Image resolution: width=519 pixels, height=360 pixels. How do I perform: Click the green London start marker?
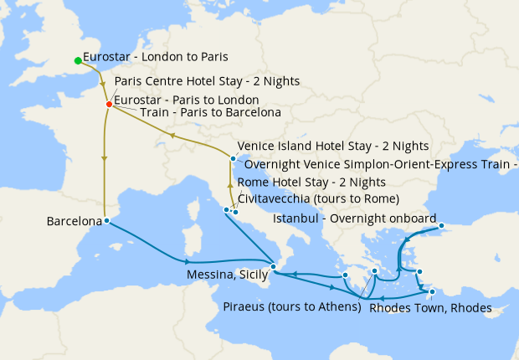[78, 60]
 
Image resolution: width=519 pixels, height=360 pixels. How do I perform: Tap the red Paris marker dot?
[109, 104]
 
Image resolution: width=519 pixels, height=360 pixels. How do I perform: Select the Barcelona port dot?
[106, 221]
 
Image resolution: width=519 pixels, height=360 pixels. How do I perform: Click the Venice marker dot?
[232, 157]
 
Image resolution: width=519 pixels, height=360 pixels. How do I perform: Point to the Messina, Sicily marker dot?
[273, 266]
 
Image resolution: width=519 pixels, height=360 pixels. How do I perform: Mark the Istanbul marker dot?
[441, 225]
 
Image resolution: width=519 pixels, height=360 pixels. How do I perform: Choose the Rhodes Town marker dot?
[432, 292]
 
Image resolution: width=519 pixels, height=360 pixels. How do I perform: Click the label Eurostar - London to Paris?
[156, 59]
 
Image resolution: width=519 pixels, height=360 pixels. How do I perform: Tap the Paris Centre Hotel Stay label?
[206, 81]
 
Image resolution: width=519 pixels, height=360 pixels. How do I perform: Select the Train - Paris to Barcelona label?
[210, 111]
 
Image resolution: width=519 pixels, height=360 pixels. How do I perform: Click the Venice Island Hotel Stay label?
[333, 146]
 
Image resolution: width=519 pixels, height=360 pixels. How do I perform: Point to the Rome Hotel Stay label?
[311, 182]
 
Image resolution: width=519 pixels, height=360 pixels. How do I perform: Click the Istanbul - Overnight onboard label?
[355, 219]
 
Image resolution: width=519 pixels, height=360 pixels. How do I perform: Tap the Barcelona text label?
[75, 222]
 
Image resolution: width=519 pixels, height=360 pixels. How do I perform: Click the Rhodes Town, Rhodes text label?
[429, 307]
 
